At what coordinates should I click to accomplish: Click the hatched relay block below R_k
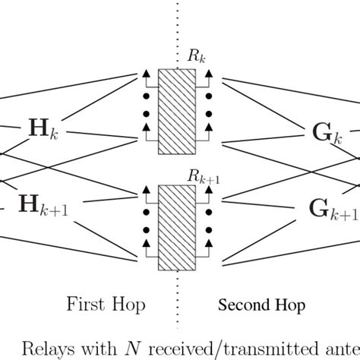click(x=177, y=112)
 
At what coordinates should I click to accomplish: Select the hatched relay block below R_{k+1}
click(x=177, y=228)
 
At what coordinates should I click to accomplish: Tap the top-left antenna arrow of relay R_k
click(x=144, y=74)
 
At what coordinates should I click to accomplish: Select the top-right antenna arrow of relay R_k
click(x=210, y=74)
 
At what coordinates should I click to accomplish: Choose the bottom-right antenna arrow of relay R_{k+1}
click(x=210, y=245)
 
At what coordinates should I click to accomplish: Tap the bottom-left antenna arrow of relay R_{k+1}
click(x=144, y=245)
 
